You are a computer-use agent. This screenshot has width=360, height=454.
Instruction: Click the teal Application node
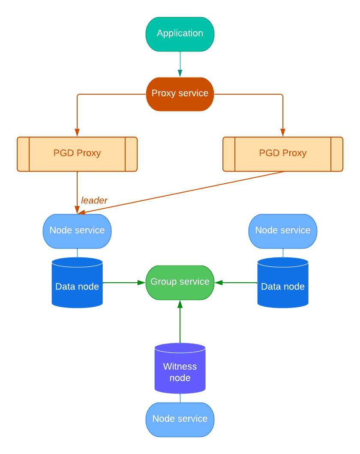180,34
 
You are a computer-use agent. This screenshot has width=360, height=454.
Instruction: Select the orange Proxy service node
180,94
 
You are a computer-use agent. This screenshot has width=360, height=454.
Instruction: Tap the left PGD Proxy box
77,154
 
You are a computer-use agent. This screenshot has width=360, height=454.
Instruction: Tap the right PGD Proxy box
283,154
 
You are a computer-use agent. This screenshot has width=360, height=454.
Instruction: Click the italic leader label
94,200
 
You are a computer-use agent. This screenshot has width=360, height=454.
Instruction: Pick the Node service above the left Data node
77,231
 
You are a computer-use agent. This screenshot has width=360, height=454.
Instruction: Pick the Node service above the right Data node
283,231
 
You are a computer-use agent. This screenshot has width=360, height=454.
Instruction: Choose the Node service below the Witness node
180,419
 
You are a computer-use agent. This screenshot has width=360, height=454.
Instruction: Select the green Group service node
180,282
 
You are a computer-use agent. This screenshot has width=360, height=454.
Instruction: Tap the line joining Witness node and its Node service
180,398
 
